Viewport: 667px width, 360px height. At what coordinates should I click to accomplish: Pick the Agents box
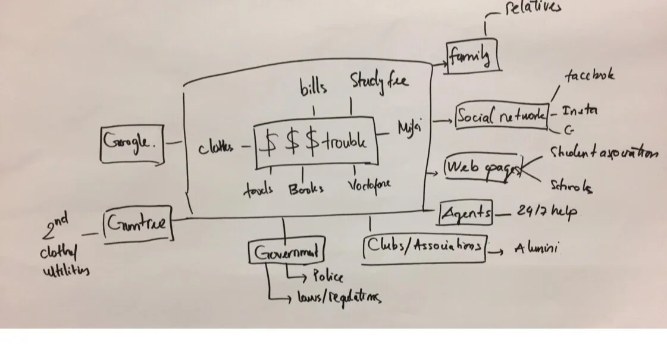tap(466, 213)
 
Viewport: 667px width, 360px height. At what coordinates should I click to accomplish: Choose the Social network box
tap(501, 116)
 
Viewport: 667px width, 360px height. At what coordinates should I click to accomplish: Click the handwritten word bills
tap(314, 87)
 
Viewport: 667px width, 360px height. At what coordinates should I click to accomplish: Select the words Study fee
tap(379, 81)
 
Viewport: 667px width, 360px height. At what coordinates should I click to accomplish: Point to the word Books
tap(306, 189)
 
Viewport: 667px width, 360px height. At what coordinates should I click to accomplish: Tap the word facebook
tap(589, 76)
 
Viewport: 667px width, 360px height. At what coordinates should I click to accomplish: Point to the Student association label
tap(602, 153)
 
